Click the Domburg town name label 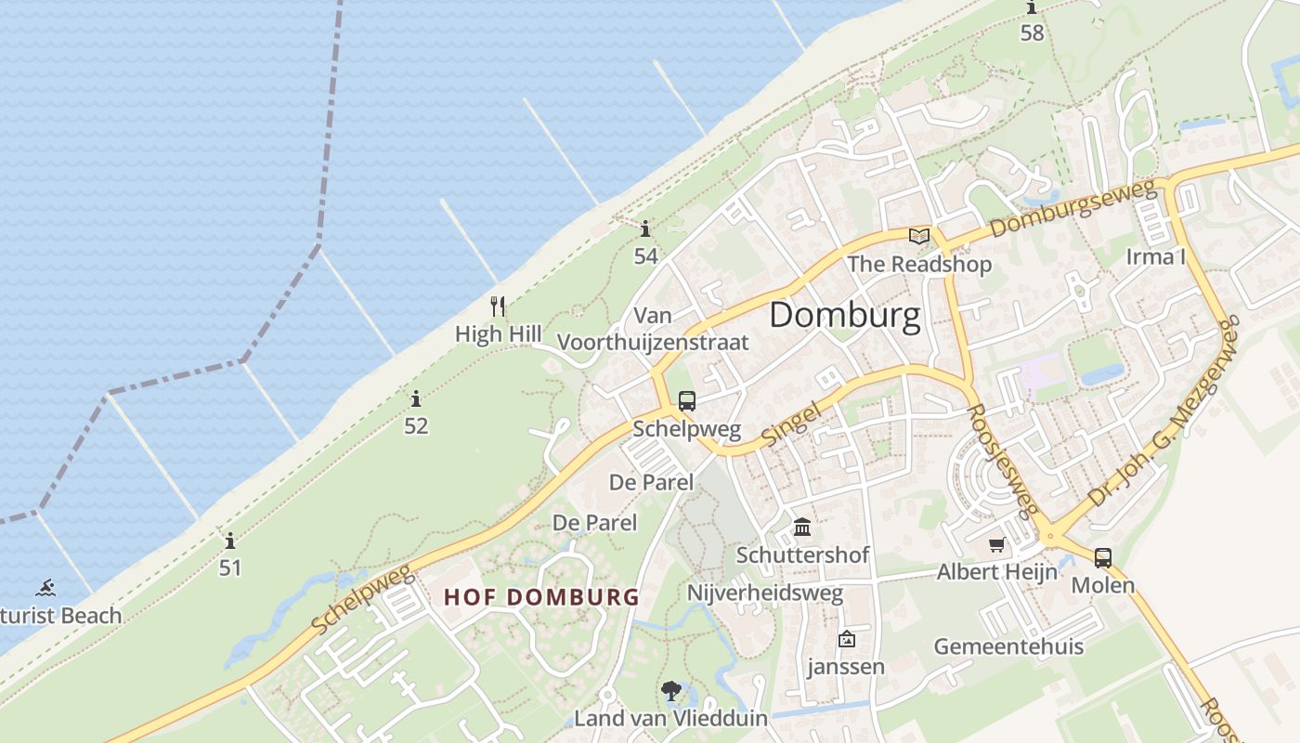[x=845, y=316]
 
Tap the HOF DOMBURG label [x=541, y=596]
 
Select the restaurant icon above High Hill [x=498, y=306]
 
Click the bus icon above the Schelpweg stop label [x=686, y=401]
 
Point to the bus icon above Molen [x=1102, y=558]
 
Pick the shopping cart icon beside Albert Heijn [x=997, y=544]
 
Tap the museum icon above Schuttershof [x=802, y=528]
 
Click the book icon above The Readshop [x=919, y=236]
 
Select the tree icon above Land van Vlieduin [x=670, y=691]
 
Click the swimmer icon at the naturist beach [x=45, y=588]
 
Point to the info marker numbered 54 [x=645, y=228]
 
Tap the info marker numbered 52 [x=416, y=399]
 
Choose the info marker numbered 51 [x=230, y=541]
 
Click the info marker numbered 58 [x=1032, y=8]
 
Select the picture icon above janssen [x=846, y=639]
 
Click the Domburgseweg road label [x=1074, y=209]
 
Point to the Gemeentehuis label [x=1008, y=646]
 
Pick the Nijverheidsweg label [x=765, y=593]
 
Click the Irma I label [x=1156, y=256]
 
